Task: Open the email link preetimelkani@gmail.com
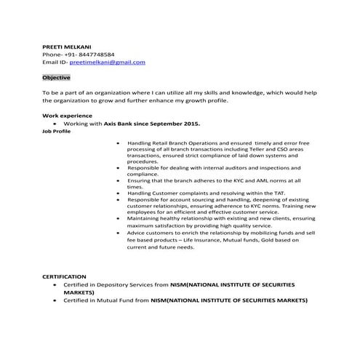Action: click(108, 62)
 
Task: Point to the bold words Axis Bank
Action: click(117, 124)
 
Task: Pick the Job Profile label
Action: click(56, 132)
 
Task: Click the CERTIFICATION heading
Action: click(64, 276)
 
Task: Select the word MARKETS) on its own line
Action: click(79, 292)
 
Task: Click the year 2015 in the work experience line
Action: click(191, 124)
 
